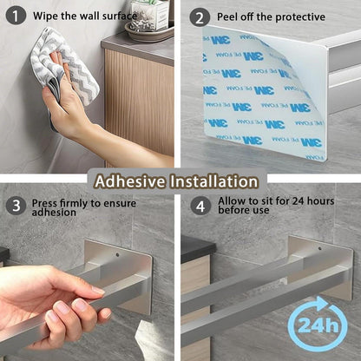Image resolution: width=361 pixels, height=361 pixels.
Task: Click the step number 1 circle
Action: click(16, 16)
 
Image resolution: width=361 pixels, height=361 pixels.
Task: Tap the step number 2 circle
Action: click(200, 17)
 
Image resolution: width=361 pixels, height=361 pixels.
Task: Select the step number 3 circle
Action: click(16, 206)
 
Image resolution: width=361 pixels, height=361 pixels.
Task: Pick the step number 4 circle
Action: click(200, 206)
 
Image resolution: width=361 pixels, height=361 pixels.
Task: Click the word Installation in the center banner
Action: click(213, 181)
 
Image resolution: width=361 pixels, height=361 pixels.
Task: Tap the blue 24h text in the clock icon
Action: click(318, 325)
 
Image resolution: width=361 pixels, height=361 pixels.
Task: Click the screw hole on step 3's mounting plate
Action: click(117, 255)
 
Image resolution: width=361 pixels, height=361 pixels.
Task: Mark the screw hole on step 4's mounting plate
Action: click(320, 248)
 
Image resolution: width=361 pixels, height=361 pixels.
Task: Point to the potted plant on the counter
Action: click(149, 15)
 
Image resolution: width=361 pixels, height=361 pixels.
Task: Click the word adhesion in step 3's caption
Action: click(54, 213)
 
